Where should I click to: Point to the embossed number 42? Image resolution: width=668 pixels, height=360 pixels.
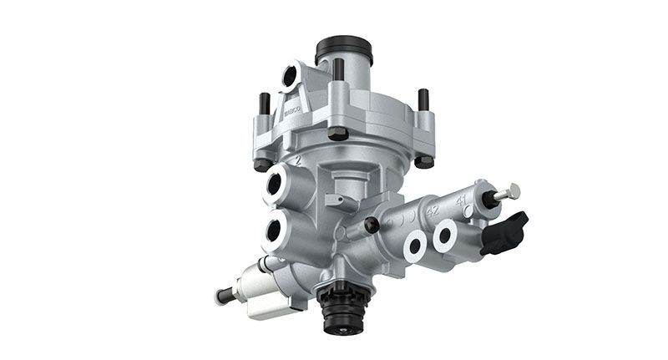[432, 209]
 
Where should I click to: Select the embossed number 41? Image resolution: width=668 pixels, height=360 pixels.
[461, 200]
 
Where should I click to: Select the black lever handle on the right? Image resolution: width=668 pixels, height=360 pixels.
[505, 231]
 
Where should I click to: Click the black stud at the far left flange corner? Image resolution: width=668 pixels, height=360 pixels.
[264, 104]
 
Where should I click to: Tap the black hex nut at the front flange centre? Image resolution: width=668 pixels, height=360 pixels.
[337, 134]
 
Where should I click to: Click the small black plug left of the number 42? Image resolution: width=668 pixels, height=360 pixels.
[371, 224]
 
